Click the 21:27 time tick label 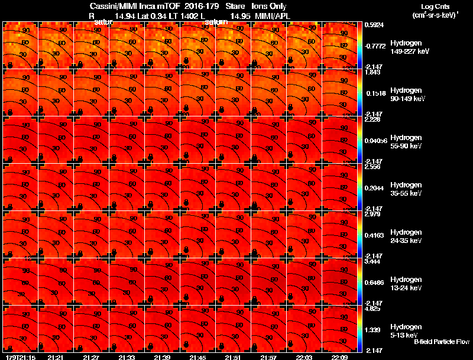pyautogui.click(x=91, y=356)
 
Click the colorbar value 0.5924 pyautogui.click(x=374, y=25)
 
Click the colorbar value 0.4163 pyautogui.click(x=374, y=235)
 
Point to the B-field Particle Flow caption pyautogui.click(x=442, y=342)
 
